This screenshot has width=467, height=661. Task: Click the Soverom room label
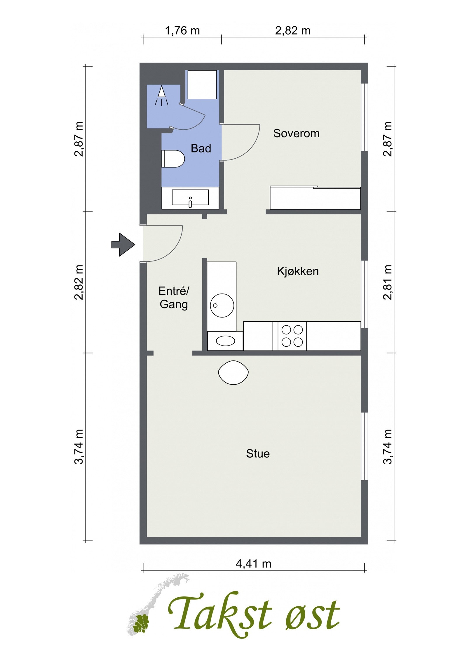(x=296, y=133)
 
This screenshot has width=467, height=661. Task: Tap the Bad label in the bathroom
(x=201, y=148)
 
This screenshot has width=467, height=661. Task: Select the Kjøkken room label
(x=298, y=271)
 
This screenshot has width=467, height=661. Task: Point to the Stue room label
(x=258, y=454)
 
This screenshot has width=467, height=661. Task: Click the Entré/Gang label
(x=174, y=298)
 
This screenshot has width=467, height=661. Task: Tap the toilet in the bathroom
(x=173, y=159)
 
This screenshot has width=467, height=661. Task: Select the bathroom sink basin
(x=190, y=197)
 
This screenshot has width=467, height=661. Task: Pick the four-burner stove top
(x=292, y=336)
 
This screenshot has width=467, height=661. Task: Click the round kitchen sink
(x=222, y=305)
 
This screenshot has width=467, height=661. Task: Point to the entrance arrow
(x=123, y=244)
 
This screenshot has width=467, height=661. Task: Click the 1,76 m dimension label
(x=182, y=30)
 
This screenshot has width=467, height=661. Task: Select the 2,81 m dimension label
(x=388, y=282)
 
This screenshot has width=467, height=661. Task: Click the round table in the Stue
(x=233, y=372)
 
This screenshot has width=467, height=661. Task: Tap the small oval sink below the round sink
(x=225, y=341)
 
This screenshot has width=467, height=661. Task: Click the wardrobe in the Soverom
(x=315, y=198)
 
